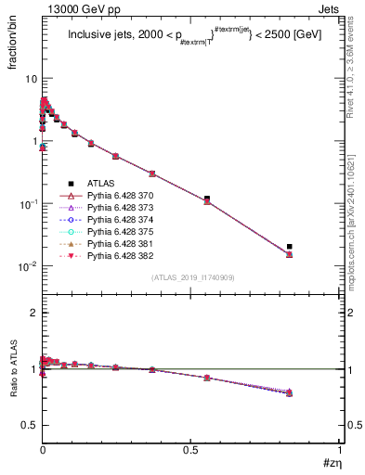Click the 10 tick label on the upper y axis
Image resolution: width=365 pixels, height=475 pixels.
click(x=31, y=79)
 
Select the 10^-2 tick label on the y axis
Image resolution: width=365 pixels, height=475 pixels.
click(x=28, y=267)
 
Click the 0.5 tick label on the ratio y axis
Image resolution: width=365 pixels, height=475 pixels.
click(x=29, y=425)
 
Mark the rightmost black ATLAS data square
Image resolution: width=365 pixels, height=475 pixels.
click(x=290, y=247)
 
